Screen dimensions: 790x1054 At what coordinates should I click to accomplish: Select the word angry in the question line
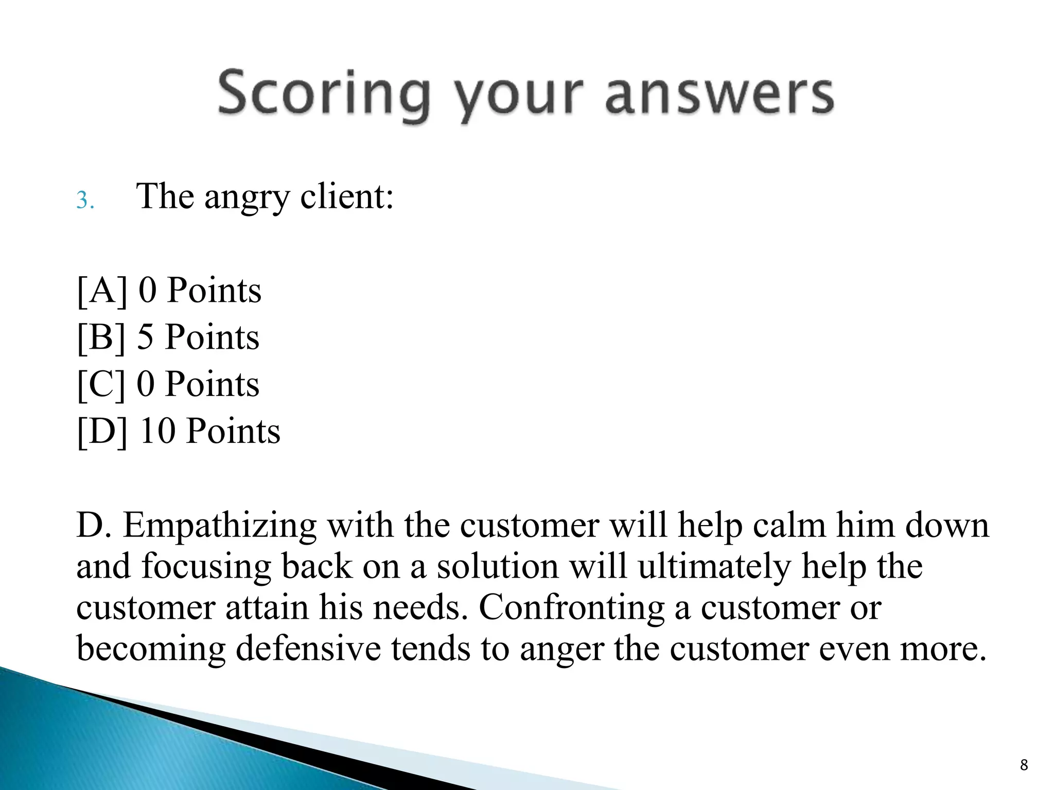pyautogui.click(x=247, y=197)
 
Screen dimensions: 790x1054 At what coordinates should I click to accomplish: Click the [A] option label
pyautogui.click(x=102, y=291)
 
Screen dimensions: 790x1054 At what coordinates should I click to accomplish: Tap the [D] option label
pyautogui.click(x=102, y=431)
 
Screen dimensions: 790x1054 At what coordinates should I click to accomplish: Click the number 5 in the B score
pyautogui.click(x=145, y=337)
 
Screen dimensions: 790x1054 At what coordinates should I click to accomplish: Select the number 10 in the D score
pyautogui.click(x=157, y=431)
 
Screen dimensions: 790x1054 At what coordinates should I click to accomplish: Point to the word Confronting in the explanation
pyautogui.click(x=571, y=607)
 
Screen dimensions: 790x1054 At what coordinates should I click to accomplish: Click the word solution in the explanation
pyautogui.click(x=498, y=567)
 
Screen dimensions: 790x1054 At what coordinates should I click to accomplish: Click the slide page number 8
pyautogui.click(x=1024, y=765)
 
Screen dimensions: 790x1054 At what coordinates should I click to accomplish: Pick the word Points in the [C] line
pyautogui.click(x=212, y=384)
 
